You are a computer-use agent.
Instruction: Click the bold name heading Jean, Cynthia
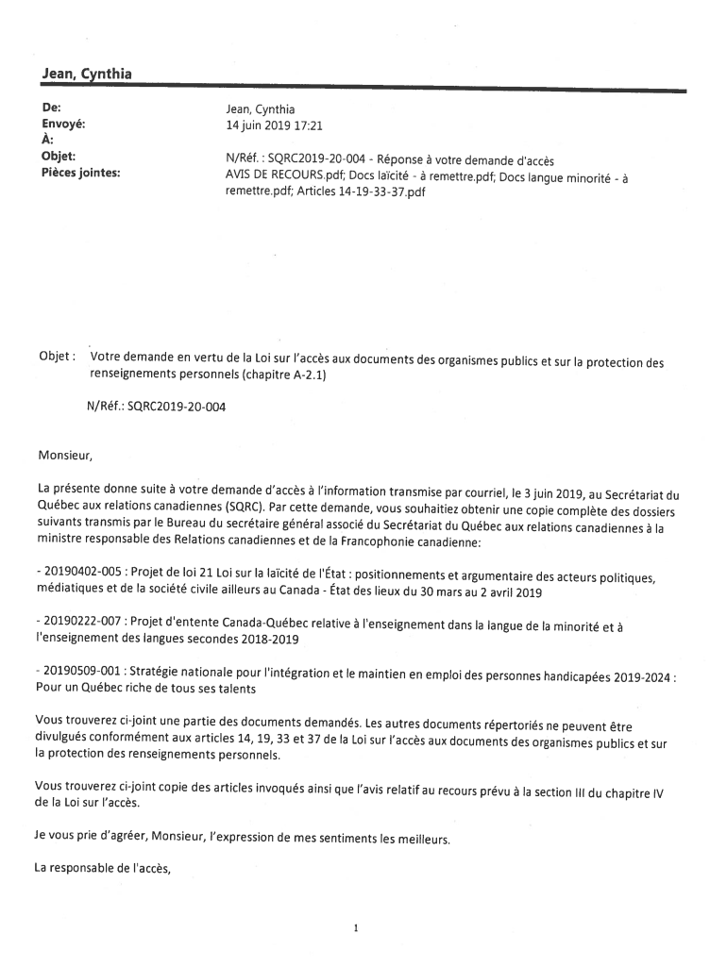pos(86,74)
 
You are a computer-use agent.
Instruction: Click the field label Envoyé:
pos(63,124)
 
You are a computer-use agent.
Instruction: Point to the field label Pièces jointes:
pos(80,173)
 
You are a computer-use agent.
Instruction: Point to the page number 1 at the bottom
pos(356,928)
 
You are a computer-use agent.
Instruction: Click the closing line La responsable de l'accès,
pos(103,869)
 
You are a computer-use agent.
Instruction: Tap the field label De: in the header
pos(51,108)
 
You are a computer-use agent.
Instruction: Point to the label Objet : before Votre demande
pos(56,357)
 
